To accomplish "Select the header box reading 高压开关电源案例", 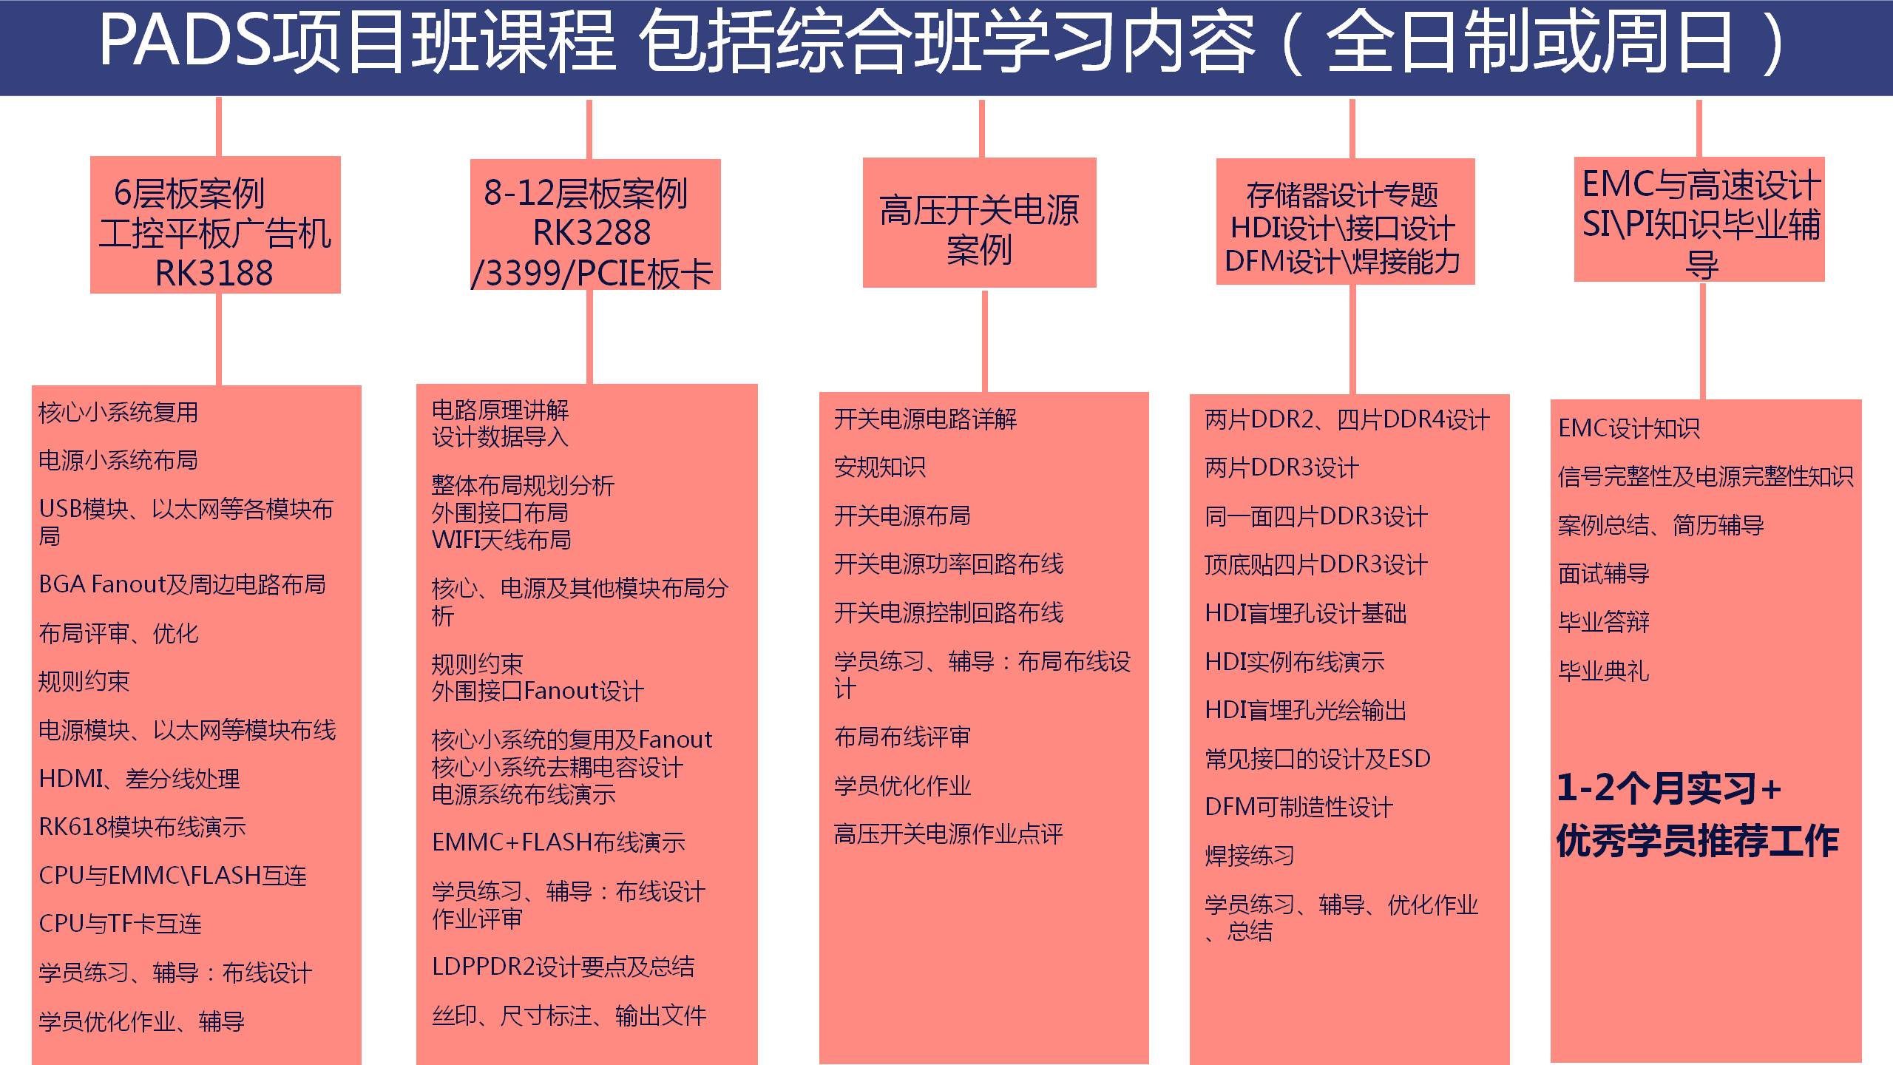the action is pyautogui.click(x=979, y=223).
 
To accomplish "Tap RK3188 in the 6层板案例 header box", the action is pyautogui.click(x=214, y=273).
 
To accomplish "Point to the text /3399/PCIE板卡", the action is pyautogui.click(x=592, y=273).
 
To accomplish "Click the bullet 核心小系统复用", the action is pyautogui.click(x=118, y=412).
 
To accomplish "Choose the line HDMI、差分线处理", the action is pyautogui.click(x=139, y=778).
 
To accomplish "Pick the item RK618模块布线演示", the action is pyautogui.click(x=142, y=826).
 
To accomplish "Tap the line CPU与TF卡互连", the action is pyautogui.click(x=120, y=923).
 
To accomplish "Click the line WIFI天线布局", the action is pyautogui.click(x=501, y=540).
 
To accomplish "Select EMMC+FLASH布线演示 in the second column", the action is pyautogui.click(x=558, y=842).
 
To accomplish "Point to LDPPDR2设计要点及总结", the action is pyautogui.click(x=563, y=967).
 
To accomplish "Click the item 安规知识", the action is pyautogui.click(x=880, y=467).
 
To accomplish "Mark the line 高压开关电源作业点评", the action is pyautogui.click(x=949, y=834).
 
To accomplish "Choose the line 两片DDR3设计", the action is pyautogui.click(x=1281, y=467).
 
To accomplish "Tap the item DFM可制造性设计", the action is pyautogui.click(x=1298, y=806).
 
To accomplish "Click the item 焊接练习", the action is pyautogui.click(x=1250, y=855).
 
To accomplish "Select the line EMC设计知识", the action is pyautogui.click(x=1629, y=427).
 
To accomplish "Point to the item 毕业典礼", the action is pyautogui.click(x=1604, y=670).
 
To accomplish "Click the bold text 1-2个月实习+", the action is pyautogui.click(x=1669, y=788).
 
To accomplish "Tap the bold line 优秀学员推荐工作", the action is pyautogui.click(x=1697, y=840).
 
